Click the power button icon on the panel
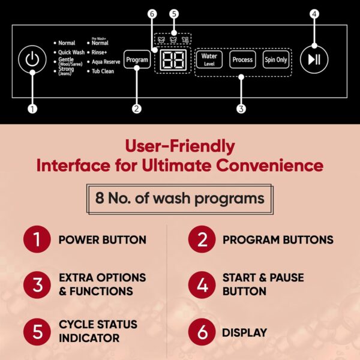pyautogui.click(x=32, y=59)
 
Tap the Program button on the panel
pyautogui.click(x=137, y=59)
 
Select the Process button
pyautogui.click(x=242, y=59)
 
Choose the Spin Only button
pyautogui.click(x=276, y=59)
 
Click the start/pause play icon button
pyautogui.click(x=314, y=59)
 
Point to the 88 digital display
pyautogui.click(x=173, y=59)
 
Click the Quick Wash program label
pyautogui.click(x=71, y=52)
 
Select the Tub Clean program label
pyautogui.click(x=103, y=71)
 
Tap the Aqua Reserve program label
pyautogui.click(x=106, y=62)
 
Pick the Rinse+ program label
pyautogui.click(x=99, y=52)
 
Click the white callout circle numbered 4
pyautogui.click(x=314, y=14)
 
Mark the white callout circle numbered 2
pyautogui.click(x=137, y=109)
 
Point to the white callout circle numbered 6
pyautogui.click(x=152, y=14)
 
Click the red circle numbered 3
pyautogui.click(x=37, y=284)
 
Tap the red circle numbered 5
pyautogui.click(x=37, y=332)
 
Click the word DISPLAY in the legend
pyautogui.click(x=245, y=332)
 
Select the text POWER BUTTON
pyautogui.click(x=103, y=239)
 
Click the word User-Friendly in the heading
pyautogui.click(x=180, y=146)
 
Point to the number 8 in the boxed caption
pyautogui.click(x=100, y=198)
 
